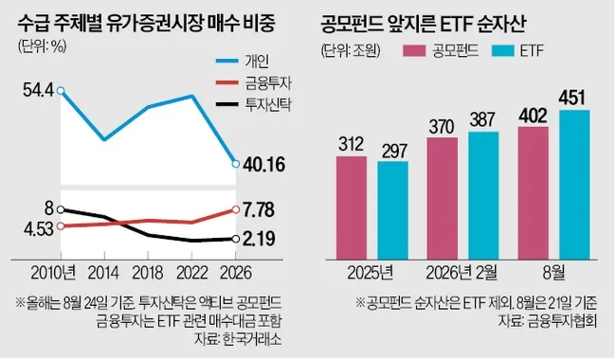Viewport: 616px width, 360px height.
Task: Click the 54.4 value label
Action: pyautogui.click(x=38, y=91)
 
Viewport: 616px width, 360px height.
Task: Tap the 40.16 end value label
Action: pyautogui.click(x=264, y=165)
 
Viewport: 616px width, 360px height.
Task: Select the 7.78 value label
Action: pyautogui.click(x=259, y=210)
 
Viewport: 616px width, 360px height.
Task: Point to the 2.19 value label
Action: pyautogui.click(x=259, y=239)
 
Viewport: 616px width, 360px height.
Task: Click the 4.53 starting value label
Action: pyautogui.click(x=38, y=229)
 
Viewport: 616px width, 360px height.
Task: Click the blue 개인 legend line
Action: pyautogui.click(x=227, y=61)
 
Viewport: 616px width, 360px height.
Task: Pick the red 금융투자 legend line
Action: pyautogui.click(x=227, y=82)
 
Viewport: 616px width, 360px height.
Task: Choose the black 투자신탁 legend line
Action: pyautogui.click(x=227, y=104)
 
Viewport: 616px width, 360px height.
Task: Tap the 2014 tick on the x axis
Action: pyautogui.click(x=103, y=273)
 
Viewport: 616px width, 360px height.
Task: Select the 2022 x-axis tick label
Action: pyautogui.click(x=191, y=273)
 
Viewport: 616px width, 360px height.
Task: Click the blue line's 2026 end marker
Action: pyautogui.click(x=236, y=164)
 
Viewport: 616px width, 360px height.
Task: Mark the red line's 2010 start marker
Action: pyautogui.click(x=61, y=226)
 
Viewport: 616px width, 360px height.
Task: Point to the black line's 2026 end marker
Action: pyautogui.click(x=236, y=239)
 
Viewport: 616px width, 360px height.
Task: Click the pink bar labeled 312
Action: pyautogui.click(x=352, y=208)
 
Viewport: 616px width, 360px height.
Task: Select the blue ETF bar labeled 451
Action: pyautogui.click(x=574, y=185)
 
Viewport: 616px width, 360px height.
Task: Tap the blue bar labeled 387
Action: pyautogui.click(x=483, y=195)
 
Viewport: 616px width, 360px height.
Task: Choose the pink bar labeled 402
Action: pyautogui.click(x=534, y=193)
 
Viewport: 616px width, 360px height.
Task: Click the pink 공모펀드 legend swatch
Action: pyautogui.click(x=414, y=50)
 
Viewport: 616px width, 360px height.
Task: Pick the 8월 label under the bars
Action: pyautogui.click(x=554, y=273)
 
